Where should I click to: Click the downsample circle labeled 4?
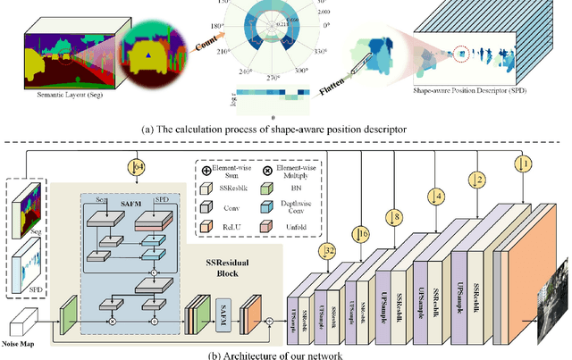(x=436, y=194)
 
